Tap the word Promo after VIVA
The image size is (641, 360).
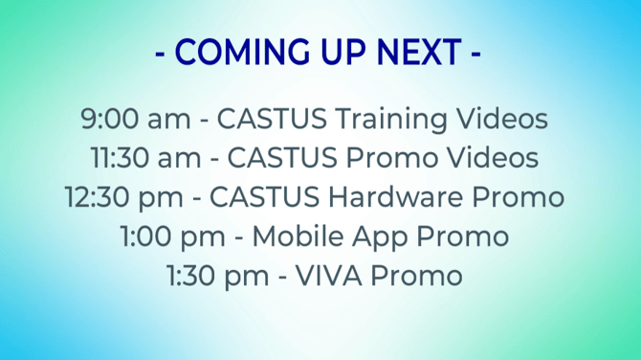point(420,276)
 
